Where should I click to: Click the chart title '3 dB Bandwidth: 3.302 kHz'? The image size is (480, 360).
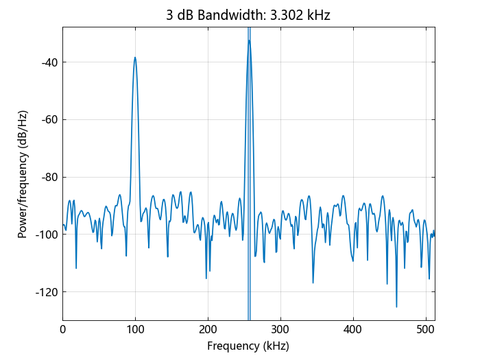coord(248,15)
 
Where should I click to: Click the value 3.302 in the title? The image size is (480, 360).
coord(291,15)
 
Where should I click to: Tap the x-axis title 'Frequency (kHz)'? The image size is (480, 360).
coord(248,346)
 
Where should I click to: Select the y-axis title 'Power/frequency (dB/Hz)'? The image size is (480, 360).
coord(23,173)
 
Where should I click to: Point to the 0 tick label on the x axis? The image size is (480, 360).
coord(63,329)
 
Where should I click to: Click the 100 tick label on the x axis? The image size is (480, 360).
coord(135,329)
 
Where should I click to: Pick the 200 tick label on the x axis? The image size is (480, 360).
coord(208,329)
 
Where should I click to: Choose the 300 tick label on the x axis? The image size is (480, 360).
coord(280,329)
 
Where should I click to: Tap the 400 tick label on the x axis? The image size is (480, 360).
coord(353,329)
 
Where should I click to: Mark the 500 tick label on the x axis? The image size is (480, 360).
coord(426,329)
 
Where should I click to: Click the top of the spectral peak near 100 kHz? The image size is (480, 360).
coord(135,58)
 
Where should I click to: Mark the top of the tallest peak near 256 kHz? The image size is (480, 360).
coord(249,40)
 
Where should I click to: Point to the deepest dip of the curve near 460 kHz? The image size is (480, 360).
coord(396,307)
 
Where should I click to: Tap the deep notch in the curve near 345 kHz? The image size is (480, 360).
coord(313,283)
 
